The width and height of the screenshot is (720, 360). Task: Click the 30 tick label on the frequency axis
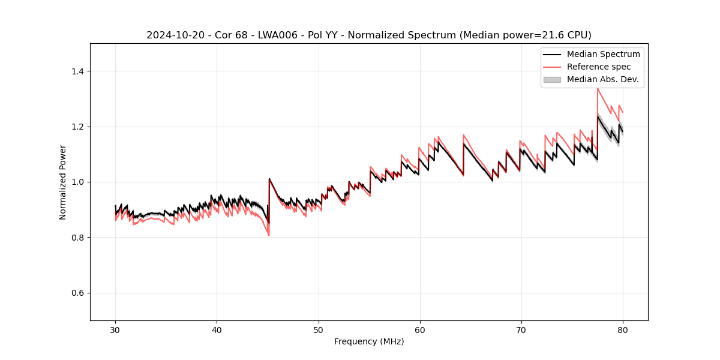pyautogui.click(x=115, y=329)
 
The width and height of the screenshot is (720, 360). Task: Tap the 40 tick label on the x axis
pyautogui.click(x=217, y=329)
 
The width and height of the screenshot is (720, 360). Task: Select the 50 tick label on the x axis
pyautogui.click(x=318, y=329)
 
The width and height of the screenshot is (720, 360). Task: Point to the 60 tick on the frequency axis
pyautogui.click(x=419, y=329)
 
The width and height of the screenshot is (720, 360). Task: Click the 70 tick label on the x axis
pyautogui.click(x=521, y=329)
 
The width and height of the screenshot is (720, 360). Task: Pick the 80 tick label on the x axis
pyautogui.click(x=622, y=329)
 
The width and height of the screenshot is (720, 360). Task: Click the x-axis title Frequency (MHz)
pyautogui.click(x=369, y=341)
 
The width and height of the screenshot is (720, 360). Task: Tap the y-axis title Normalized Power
pyautogui.click(x=63, y=182)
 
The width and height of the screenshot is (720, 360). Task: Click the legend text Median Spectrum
pyautogui.click(x=603, y=54)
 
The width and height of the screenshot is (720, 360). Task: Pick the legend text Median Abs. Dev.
pyautogui.click(x=602, y=79)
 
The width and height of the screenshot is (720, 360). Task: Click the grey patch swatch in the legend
pyautogui.click(x=552, y=79)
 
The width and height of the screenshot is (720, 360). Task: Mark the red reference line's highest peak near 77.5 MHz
pyautogui.click(x=598, y=89)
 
